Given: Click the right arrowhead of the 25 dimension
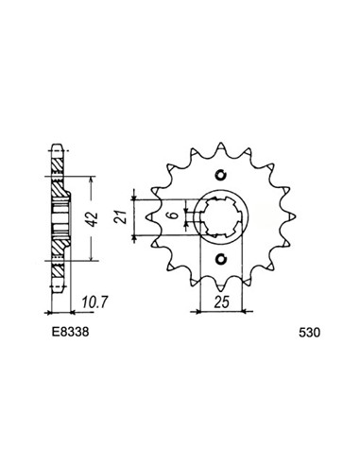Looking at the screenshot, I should pos(242,309).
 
